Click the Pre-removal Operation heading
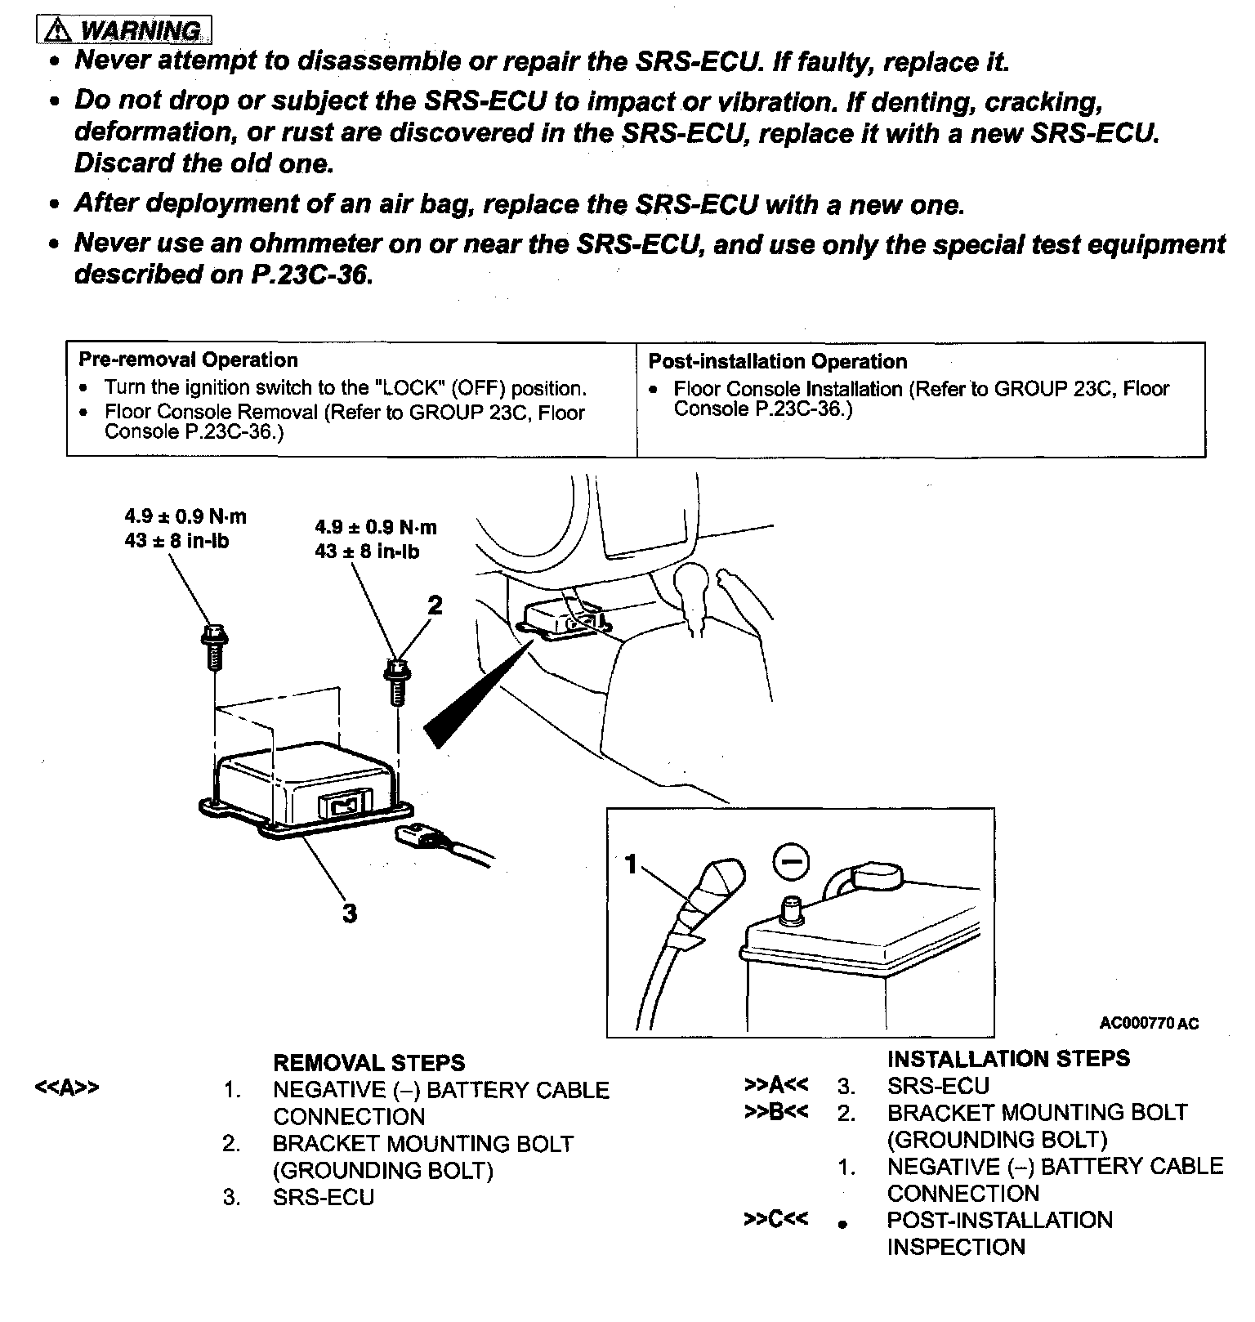tap(188, 360)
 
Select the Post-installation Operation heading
tap(777, 361)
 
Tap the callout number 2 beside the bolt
tap(435, 605)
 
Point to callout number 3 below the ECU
tap(350, 913)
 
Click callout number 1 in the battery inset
tap(630, 864)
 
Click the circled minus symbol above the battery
tap(789, 863)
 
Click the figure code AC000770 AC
tap(1149, 1023)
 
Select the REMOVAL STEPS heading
tap(368, 1062)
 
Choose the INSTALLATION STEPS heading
tap(1008, 1058)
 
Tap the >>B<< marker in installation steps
tap(775, 1112)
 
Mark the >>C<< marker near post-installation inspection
tap(775, 1220)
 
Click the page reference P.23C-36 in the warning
tap(310, 275)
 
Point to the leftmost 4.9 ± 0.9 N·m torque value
tap(185, 516)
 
